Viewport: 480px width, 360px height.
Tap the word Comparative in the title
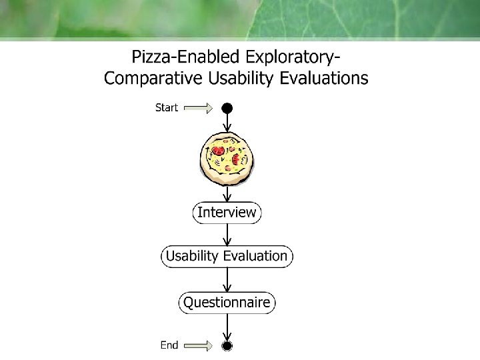(152, 78)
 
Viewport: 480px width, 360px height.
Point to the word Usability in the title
(241, 78)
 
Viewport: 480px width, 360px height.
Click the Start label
(167, 107)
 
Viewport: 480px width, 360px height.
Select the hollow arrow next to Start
(197, 107)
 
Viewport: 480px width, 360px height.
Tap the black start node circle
(227, 107)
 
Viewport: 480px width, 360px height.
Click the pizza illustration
(227, 157)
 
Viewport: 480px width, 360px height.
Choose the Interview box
(227, 213)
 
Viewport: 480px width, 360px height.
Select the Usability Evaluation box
(227, 256)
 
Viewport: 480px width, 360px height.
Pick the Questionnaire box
(227, 303)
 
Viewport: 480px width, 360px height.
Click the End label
(169, 345)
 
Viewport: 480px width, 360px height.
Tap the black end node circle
(227, 345)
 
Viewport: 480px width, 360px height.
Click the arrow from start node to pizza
(227, 122)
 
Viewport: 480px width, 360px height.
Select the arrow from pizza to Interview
(227, 193)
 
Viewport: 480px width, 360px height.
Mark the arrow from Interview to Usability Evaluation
(227, 235)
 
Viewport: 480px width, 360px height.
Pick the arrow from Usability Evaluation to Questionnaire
(227, 280)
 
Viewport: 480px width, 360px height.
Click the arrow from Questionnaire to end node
(227, 327)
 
